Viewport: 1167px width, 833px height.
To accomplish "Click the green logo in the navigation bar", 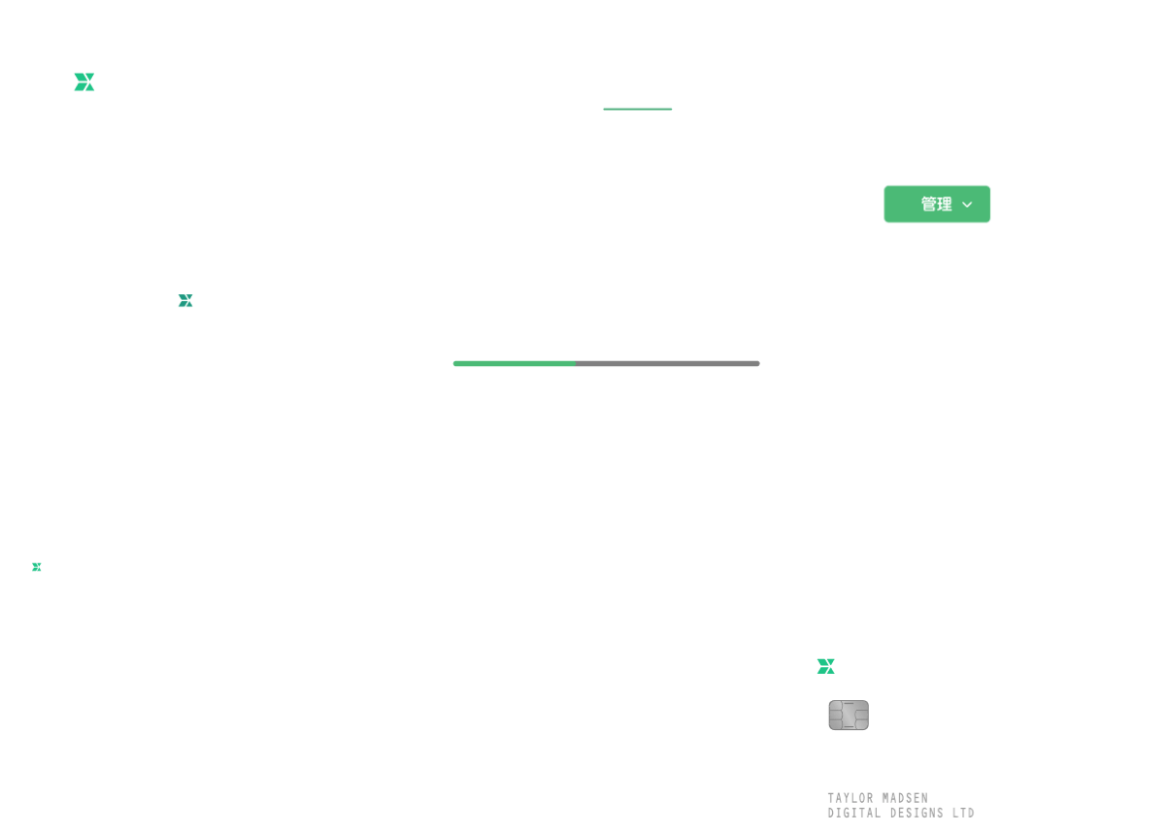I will pyautogui.click(x=84, y=83).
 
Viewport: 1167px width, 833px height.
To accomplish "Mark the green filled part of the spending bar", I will pyautogui.click(x=514, y=364).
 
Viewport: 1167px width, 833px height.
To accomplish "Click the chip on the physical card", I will pyautogui.click(x=848, y=716).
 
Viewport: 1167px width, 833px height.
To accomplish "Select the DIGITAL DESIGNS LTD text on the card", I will pyautogui.click(x=900, y=813).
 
